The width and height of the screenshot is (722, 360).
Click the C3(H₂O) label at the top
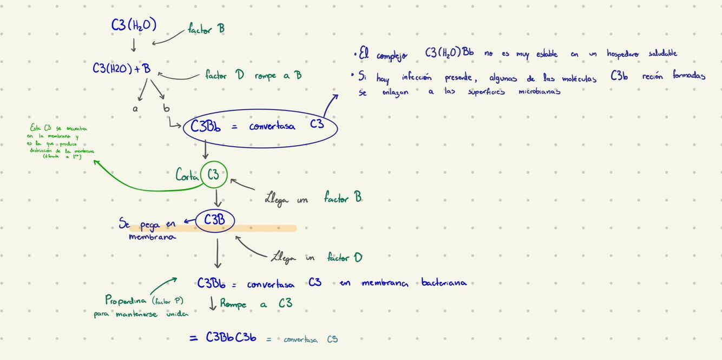tap(133, 25)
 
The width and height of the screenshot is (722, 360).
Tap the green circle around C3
tap(213, 174)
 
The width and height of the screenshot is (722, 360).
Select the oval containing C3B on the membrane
tap(215, 221)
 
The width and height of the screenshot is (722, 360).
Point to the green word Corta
tap(186, 175)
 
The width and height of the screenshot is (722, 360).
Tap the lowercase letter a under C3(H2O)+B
tap(135, 108)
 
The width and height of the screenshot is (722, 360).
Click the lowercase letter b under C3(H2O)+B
tap(166, 108)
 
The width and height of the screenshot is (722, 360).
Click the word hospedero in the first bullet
tap(614, 54)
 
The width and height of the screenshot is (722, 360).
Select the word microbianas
tap(539, 91)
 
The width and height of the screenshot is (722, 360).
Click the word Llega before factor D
tap(284, 257)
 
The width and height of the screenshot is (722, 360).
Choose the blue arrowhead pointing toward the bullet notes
tap(336, 96)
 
